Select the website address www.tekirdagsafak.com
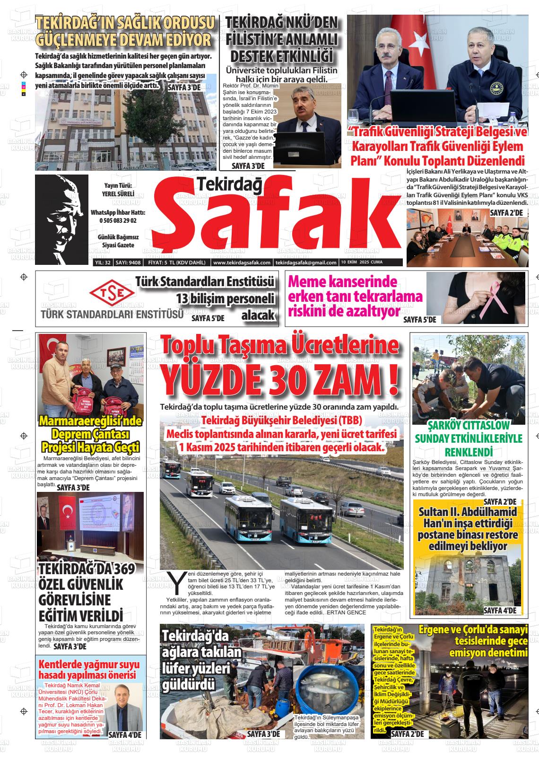tap(242, 262)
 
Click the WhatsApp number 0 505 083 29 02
tap(118, 220)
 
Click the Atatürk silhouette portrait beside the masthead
tap(62, 219)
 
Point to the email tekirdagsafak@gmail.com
tap(305, 262)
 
